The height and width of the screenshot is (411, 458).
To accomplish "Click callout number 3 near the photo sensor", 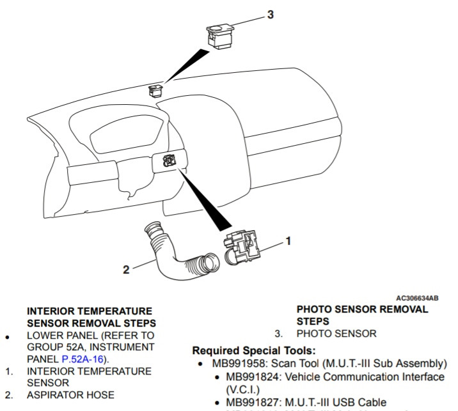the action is click(x=271, y=14).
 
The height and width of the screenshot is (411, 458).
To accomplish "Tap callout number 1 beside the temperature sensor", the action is click(x=288, y=241).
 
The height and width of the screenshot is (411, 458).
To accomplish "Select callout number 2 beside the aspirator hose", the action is click(x=126, y=270).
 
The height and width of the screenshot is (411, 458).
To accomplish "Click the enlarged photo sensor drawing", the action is click(x=221, y=36).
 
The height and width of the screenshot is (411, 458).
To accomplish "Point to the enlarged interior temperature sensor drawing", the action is click(x=242, y=247).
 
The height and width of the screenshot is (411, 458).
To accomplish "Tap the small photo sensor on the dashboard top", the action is click(x=155, y=90).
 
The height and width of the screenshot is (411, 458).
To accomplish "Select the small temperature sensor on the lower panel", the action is click(x=169, y=160).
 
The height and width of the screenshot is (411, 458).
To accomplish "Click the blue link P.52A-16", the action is click(x=83, y=359).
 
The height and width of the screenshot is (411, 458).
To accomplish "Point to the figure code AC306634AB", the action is click(x=418, y=298).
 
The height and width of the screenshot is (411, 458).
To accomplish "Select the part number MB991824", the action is click(x=253, y=376).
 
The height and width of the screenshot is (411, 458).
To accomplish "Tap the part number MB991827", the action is click(x=253, y=402).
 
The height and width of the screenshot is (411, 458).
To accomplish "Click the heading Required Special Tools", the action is click(x=254, y=350).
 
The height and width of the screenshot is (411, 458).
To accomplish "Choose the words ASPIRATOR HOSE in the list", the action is click(x=71, y=394).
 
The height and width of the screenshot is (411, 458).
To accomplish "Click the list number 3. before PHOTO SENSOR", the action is click(x=279, y=334).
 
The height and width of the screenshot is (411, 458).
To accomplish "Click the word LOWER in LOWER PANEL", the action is click(x=42, y=336).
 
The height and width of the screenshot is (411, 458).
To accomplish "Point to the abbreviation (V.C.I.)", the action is click(x=242, y=389).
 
